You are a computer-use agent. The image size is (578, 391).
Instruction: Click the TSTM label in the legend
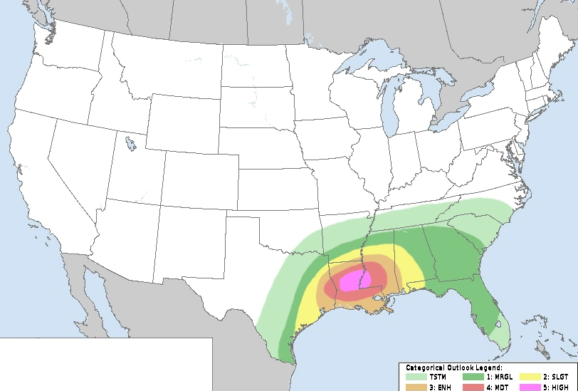pyautogui.click(x=437, y=377)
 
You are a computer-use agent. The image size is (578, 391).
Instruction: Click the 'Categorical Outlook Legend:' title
pyautogui.click(x=454, y=367)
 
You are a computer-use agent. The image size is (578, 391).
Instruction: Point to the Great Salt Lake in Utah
pyautogui.click(x=130, y=145)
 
